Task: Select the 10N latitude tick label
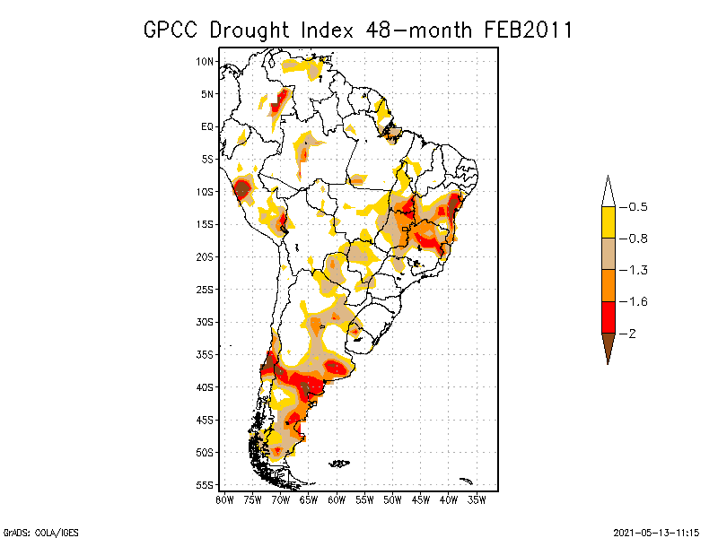click(x=206, y=61)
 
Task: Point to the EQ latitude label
click(x=207, y=126)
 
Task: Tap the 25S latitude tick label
click(x=206, y=289)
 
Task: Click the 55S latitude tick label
click(x=206, y=485)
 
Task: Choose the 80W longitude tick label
click(x=224, y=499)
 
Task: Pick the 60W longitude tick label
click(x=337, y=499)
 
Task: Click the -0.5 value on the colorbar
click(x=636, y=207)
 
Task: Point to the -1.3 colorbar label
click(x=636, y=270)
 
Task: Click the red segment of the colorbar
click(x=608, y=317)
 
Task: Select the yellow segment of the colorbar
click(x=608, y=222)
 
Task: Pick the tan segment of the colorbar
click(x=608, y=254)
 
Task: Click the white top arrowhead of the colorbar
click(x=608, y=193)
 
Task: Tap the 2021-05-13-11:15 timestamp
click(x=656, y=531)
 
